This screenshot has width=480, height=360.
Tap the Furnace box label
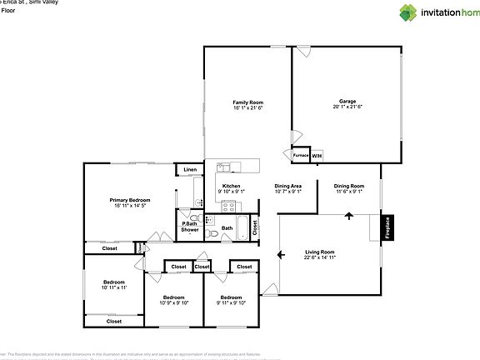[x=300, y=156]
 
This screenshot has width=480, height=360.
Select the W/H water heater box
[x=317, y=156]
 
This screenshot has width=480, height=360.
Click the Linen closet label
[x=190, y=170]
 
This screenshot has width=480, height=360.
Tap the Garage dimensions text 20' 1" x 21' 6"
[x=347, y=107]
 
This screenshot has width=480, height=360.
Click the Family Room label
[x=247, y=102]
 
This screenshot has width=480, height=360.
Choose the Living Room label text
[x=319, y=252]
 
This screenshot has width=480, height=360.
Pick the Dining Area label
[x=287, y=186]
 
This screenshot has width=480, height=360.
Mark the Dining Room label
[x=349, y=186]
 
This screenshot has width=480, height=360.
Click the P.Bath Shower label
[x=190, y=226]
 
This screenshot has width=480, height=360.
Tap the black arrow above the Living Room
[x=349, y=218]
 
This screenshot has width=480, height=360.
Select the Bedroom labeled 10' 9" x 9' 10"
[x=173, y=297]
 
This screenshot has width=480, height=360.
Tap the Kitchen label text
[x=231, y=186]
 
